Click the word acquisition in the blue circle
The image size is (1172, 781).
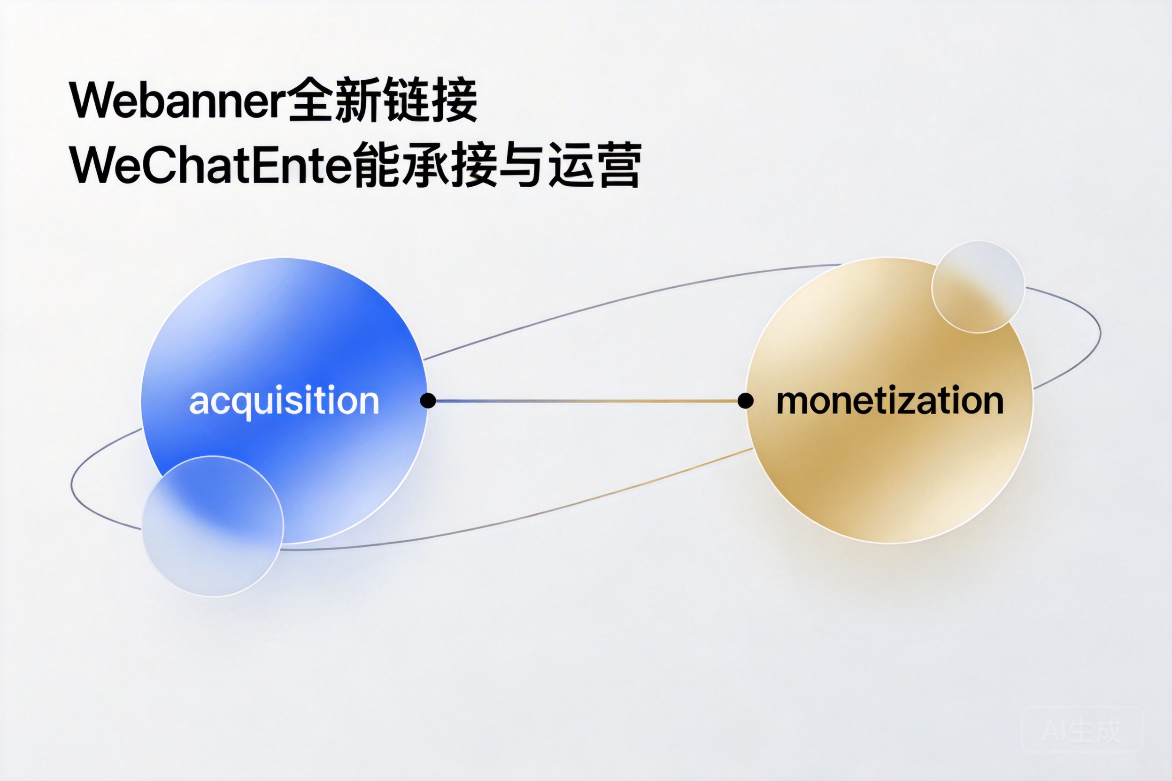pyautogui.click(x=284, y=400)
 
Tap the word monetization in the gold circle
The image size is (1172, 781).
pyautogui.click(x=889, y=400)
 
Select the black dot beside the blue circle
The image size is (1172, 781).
pyautogui.click(x=428, y=400)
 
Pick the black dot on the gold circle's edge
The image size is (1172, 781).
pyautogui.click(x=746, y=400)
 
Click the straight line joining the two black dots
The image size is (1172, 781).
pyautogui.click(x=586, y=400)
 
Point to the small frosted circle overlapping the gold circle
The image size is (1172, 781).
pyautogui.click(x=978, y=287)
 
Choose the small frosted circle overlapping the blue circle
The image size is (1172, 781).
pyautogui.click(x=213, y=526)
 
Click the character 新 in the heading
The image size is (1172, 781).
pyautogui.click(x=359, y=100)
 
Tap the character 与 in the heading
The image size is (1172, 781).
pyautogui.click(x=521, y=165)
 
